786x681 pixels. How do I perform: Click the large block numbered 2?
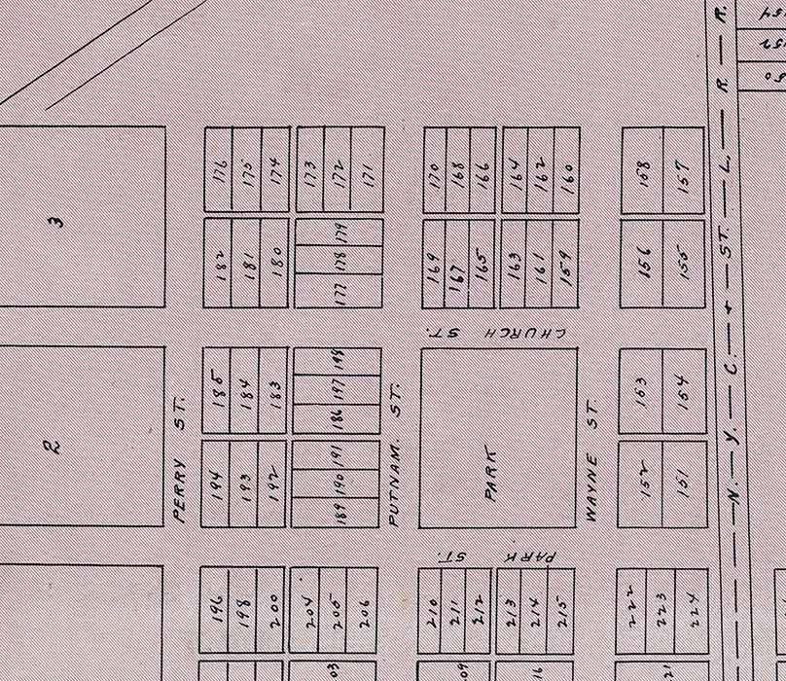coord(55,447)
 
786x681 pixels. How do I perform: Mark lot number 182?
coord(221,265)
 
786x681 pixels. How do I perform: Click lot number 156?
coord(643,263)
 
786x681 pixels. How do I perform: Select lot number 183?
coord(275,391)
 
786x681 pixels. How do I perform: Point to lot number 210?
coord(431,611)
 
